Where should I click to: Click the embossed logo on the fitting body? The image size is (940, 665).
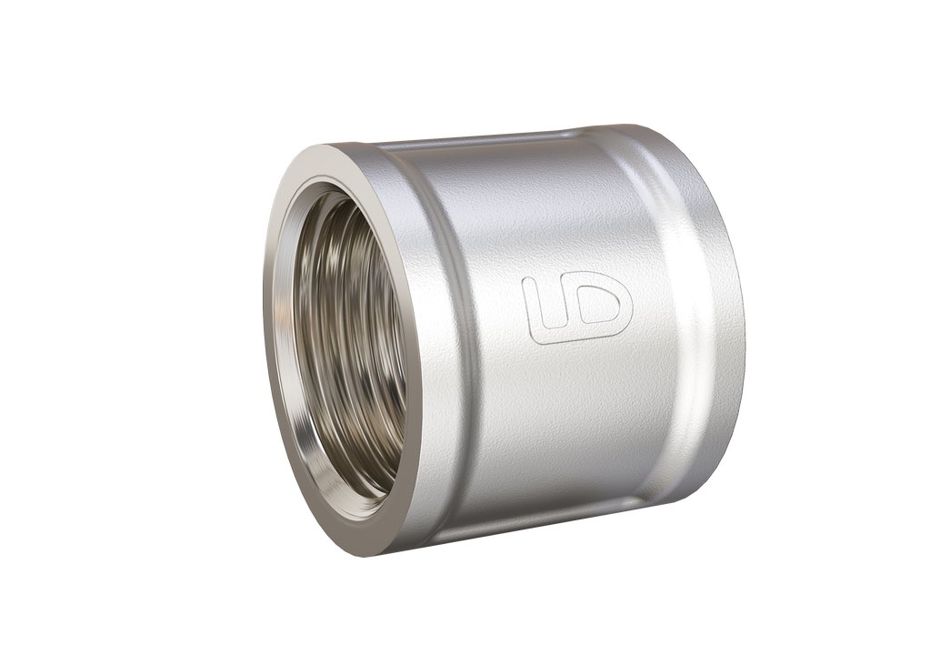(x=577, y=307)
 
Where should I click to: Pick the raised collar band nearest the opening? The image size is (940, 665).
(x=445, y=346)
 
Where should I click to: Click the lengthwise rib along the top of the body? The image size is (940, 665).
(x=482, y=143)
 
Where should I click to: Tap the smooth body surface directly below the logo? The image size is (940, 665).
(x=577, y=409)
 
